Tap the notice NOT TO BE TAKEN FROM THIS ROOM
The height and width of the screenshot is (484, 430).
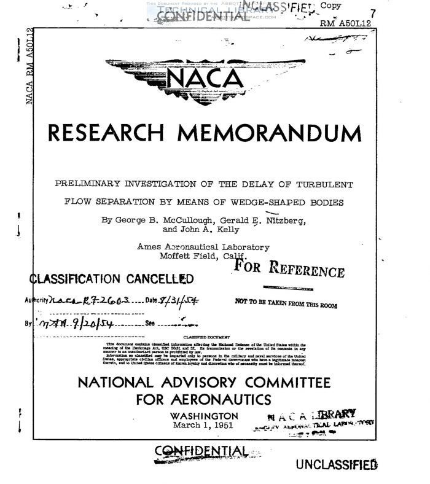[x=286, y=302]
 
